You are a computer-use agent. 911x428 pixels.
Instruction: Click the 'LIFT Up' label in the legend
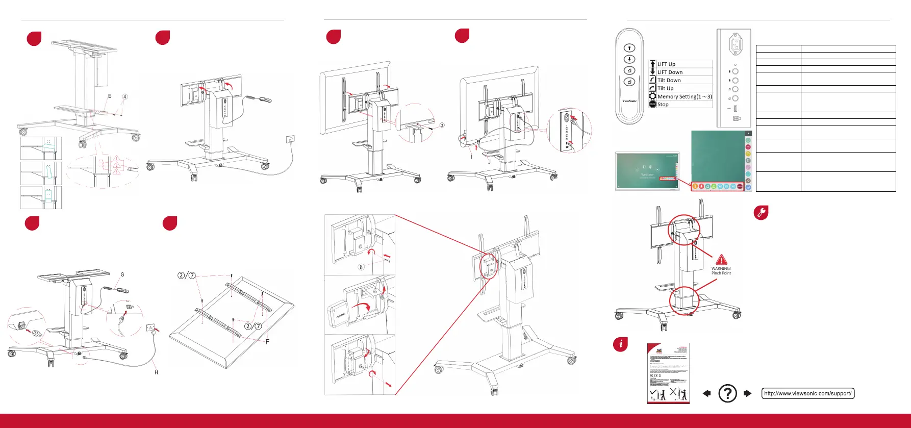coord(666,64)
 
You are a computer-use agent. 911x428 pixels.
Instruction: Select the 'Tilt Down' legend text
coord(669,81)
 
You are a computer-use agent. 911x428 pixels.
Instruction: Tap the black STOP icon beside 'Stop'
coord(652,105)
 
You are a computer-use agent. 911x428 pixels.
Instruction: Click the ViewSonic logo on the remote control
coord(629,101)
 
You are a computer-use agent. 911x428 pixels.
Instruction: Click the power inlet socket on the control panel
coord(735,45)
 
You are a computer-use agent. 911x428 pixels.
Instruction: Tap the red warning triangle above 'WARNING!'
coord(721,260)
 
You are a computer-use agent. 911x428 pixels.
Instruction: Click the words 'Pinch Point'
coord(721,273)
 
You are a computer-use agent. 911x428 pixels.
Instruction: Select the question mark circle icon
coord(727,393)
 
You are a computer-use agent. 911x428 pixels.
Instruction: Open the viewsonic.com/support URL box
coord(807,393)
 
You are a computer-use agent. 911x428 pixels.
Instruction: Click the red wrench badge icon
coord(761,213)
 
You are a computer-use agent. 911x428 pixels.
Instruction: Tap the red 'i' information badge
coord(620,344)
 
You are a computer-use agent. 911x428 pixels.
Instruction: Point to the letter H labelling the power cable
coord(156,372)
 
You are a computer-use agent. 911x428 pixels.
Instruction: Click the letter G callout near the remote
coord(122,274)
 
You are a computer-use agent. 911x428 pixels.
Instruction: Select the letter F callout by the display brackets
coord(267,342)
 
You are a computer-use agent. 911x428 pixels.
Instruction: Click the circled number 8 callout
coord(361,267)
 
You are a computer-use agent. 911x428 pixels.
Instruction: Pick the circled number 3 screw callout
coord(442,125)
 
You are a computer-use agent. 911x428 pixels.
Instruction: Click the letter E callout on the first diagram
coord(110,96)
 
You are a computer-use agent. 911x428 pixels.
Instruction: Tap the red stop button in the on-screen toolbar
coord(740,187)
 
